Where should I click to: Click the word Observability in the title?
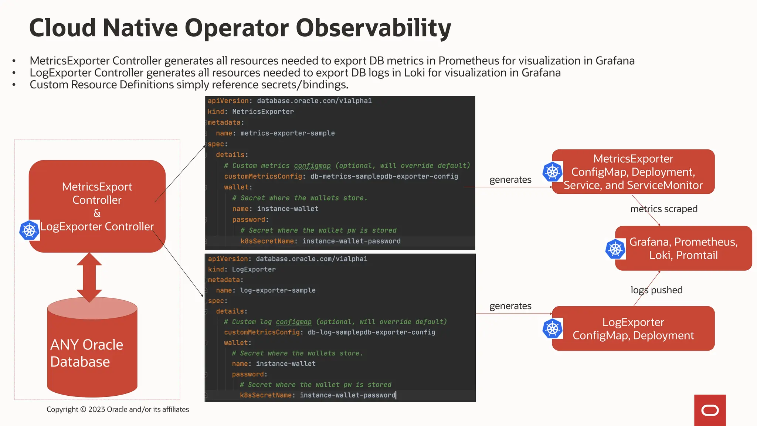[373, 28]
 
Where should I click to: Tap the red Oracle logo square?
[710, 410]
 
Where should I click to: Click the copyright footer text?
[118, 409]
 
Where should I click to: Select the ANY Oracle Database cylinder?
[92, 351]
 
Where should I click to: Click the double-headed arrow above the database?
[89, 277]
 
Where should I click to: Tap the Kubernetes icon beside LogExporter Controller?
[29, 230]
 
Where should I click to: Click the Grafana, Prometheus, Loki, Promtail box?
[683, 248]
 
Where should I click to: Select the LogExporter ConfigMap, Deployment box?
[633, 328]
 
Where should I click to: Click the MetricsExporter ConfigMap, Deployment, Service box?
[633, 172]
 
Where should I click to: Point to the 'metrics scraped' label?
[663, 209]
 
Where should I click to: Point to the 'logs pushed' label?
[656, 290]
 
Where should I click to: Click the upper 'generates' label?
[510, 180]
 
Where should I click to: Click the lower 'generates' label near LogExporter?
[510, 306]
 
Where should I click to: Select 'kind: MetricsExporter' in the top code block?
[251, 112]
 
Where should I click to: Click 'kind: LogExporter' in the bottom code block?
[242, 269]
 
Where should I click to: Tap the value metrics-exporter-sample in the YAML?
[287, 133]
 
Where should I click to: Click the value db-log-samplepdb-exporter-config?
[371, 332]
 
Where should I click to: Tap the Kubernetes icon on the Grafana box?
[615, 249]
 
